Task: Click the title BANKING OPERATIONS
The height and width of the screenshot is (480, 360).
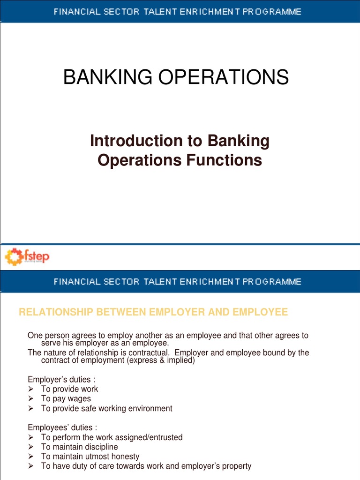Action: click(x=176, y=77)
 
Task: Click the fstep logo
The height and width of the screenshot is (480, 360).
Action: click(x=27, y=256)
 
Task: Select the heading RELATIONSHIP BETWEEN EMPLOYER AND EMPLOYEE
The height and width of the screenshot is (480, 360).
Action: click(x=153, y=312)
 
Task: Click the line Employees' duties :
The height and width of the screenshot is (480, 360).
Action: click(x=62, y=427)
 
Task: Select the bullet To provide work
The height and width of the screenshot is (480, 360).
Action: click(x=69, y=389)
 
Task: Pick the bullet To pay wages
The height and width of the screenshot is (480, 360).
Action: click(x=66, y=399)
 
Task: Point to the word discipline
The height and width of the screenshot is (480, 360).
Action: click(x=101, y=447)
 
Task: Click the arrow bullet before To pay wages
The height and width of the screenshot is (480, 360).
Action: click(x=31, y=399)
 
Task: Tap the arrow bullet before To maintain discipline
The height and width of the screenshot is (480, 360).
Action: click(x=31, y=447)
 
